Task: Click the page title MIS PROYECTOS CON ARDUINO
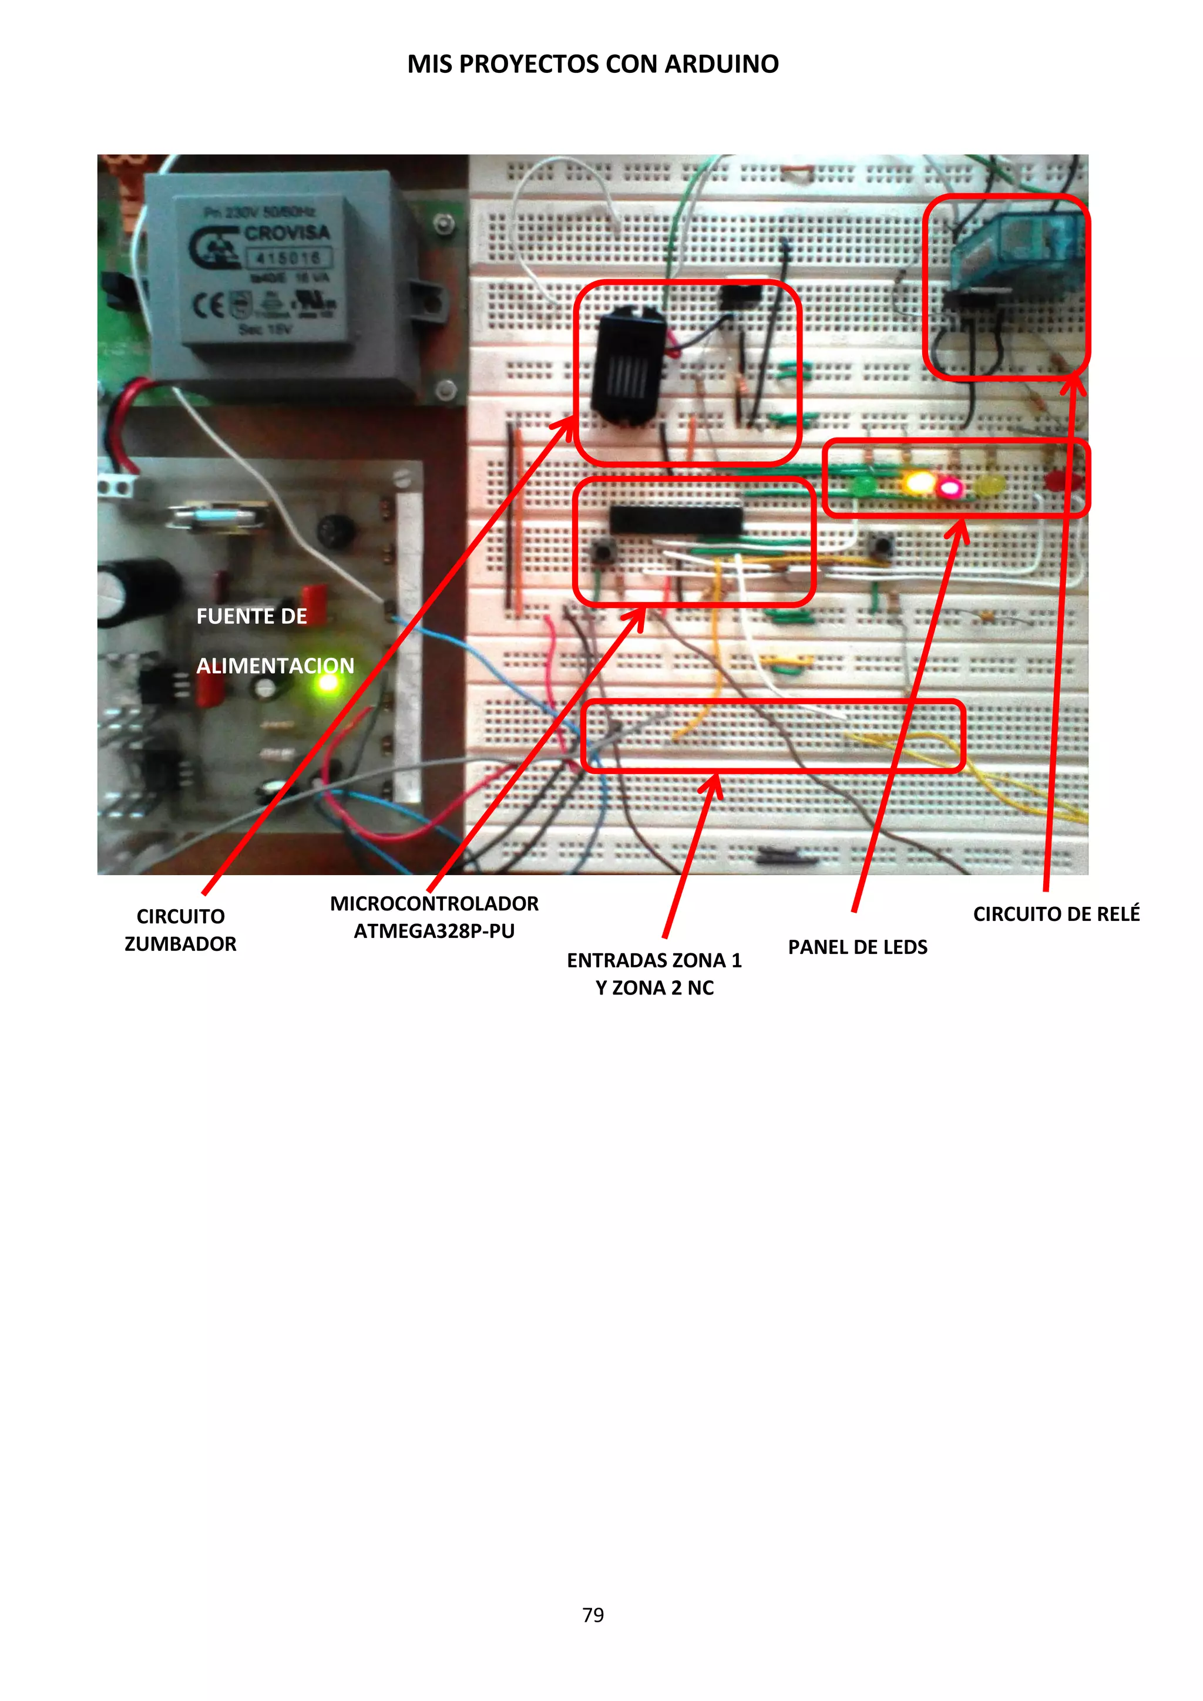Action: pos(593,65)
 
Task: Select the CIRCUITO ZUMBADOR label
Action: pos(180,930)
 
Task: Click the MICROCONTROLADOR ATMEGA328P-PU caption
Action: pos(434,917)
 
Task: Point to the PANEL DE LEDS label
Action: pos(857,947)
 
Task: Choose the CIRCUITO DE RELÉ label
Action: pos(1056,914)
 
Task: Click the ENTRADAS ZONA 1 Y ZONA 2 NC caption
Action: pos(654,973)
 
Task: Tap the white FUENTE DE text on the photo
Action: pos(251,616)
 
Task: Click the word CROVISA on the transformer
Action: pos(287,233)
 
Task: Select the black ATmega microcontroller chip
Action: pos(675,519)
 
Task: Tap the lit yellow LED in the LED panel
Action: pos(919,484)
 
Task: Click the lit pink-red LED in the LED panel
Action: pos(950,488)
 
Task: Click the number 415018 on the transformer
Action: pos(288,258)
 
